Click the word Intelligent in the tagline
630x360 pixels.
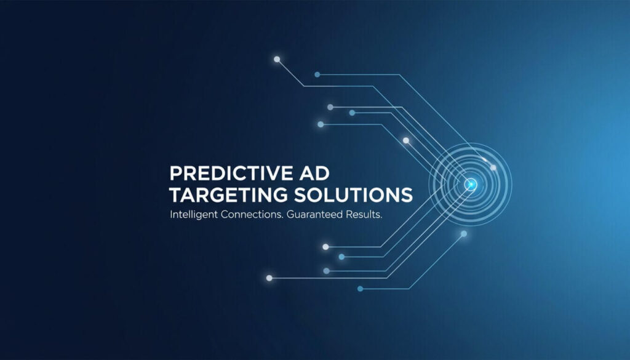coord(194,216)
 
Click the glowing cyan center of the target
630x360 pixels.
coord(471,184)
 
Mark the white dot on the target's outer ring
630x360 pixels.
coord(493,167)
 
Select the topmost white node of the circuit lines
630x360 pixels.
coord(277,60)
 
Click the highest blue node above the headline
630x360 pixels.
coord(317,74)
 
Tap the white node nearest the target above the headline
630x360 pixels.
coord(406,140)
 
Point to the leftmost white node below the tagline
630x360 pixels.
coord(269,278)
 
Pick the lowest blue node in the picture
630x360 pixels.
coord(361,289)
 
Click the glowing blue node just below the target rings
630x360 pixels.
coord(464,234)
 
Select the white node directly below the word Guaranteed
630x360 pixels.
coord(325,247)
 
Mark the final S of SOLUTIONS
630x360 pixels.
coord(407,195)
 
